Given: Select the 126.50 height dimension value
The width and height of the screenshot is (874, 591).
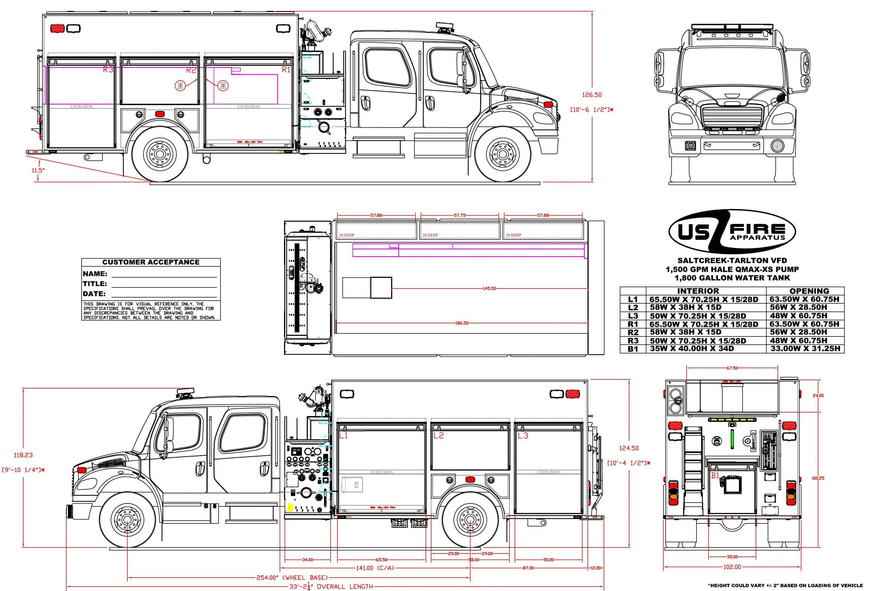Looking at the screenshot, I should [592, 95].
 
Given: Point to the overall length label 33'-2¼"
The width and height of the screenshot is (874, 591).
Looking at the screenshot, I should [332, 587].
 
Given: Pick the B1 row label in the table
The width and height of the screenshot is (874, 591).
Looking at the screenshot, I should [633, 349].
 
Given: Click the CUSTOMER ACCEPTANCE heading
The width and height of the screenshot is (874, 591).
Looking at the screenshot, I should [151, 262].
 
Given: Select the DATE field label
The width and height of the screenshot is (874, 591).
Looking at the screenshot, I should [94, 293].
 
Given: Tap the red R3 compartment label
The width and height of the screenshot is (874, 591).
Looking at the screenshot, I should [108, 70].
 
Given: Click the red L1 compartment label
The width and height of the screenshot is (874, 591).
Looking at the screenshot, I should [343, 436].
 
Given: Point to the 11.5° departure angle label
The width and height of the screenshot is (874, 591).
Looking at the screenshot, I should [38, 170].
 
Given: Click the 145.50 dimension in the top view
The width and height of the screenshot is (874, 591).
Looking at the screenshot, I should [489, 288].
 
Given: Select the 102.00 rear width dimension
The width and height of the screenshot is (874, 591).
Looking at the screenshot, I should [732, 567].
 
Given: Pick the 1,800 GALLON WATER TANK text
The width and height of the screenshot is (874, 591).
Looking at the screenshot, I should [732, 278].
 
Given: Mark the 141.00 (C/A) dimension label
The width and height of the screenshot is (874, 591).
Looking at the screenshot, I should [375, 568].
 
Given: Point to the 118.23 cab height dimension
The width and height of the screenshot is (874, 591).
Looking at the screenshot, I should [23, 455].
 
